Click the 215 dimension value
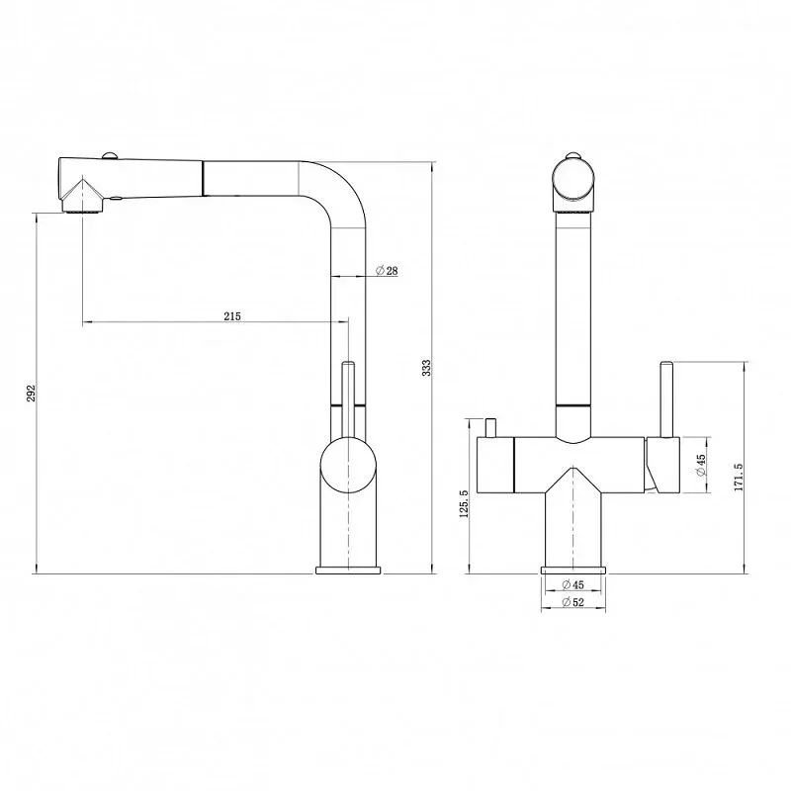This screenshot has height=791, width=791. click(232, 316)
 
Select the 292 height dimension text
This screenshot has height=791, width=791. click(32, 393)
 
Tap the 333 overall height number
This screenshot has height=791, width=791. click(427, 367)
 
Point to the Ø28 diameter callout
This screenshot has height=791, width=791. click(387, 271)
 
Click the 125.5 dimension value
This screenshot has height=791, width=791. click(464, 503)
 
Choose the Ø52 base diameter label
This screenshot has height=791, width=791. click(572, 602)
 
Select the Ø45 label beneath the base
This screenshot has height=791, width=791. click(572, 584)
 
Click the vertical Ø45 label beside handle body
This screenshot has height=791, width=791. click(700, 465)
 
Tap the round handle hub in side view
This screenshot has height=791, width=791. click(348, 465)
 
